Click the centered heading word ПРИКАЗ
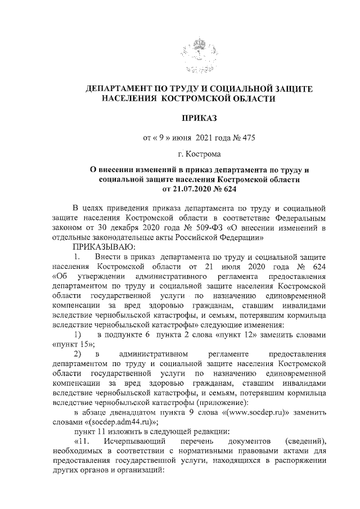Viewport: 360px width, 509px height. (197, 118)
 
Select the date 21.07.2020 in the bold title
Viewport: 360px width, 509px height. (178, 188)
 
